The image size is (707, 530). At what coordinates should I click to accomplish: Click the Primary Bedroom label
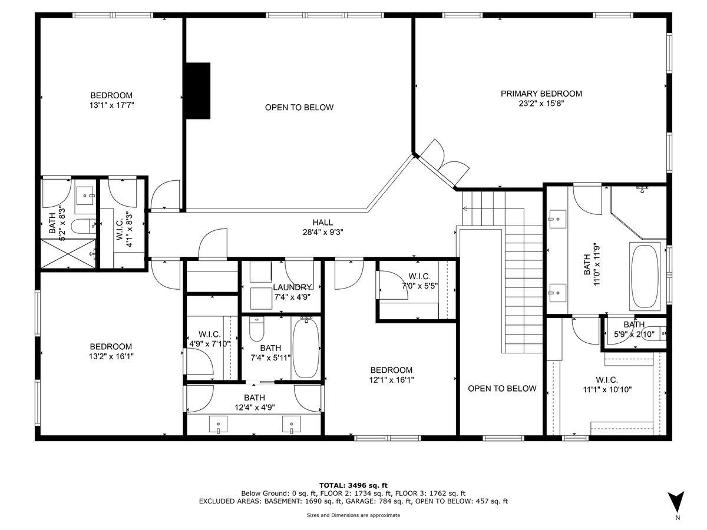541,94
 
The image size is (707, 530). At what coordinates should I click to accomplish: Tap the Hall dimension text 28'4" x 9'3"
323,232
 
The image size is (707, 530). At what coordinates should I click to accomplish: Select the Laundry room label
292,287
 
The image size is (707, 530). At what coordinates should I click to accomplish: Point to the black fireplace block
198,91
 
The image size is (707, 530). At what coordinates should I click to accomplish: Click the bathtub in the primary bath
644,276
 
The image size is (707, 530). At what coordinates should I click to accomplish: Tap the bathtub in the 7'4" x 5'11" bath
306,348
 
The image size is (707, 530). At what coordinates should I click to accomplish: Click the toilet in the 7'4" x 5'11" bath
257,329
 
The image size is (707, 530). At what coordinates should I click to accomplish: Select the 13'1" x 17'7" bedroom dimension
111,105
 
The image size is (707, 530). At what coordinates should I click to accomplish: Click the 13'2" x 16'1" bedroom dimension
111,356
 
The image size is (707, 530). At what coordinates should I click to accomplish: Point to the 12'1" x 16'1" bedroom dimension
391,380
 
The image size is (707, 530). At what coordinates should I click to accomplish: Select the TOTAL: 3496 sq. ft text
353,485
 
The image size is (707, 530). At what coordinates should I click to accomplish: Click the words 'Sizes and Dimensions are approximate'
353,515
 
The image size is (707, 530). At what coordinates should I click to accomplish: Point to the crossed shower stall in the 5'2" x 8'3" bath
68,253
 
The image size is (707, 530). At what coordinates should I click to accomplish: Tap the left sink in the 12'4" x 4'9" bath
218,424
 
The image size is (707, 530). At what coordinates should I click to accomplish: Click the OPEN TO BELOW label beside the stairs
502,389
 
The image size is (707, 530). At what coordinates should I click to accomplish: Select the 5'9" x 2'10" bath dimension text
634,334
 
